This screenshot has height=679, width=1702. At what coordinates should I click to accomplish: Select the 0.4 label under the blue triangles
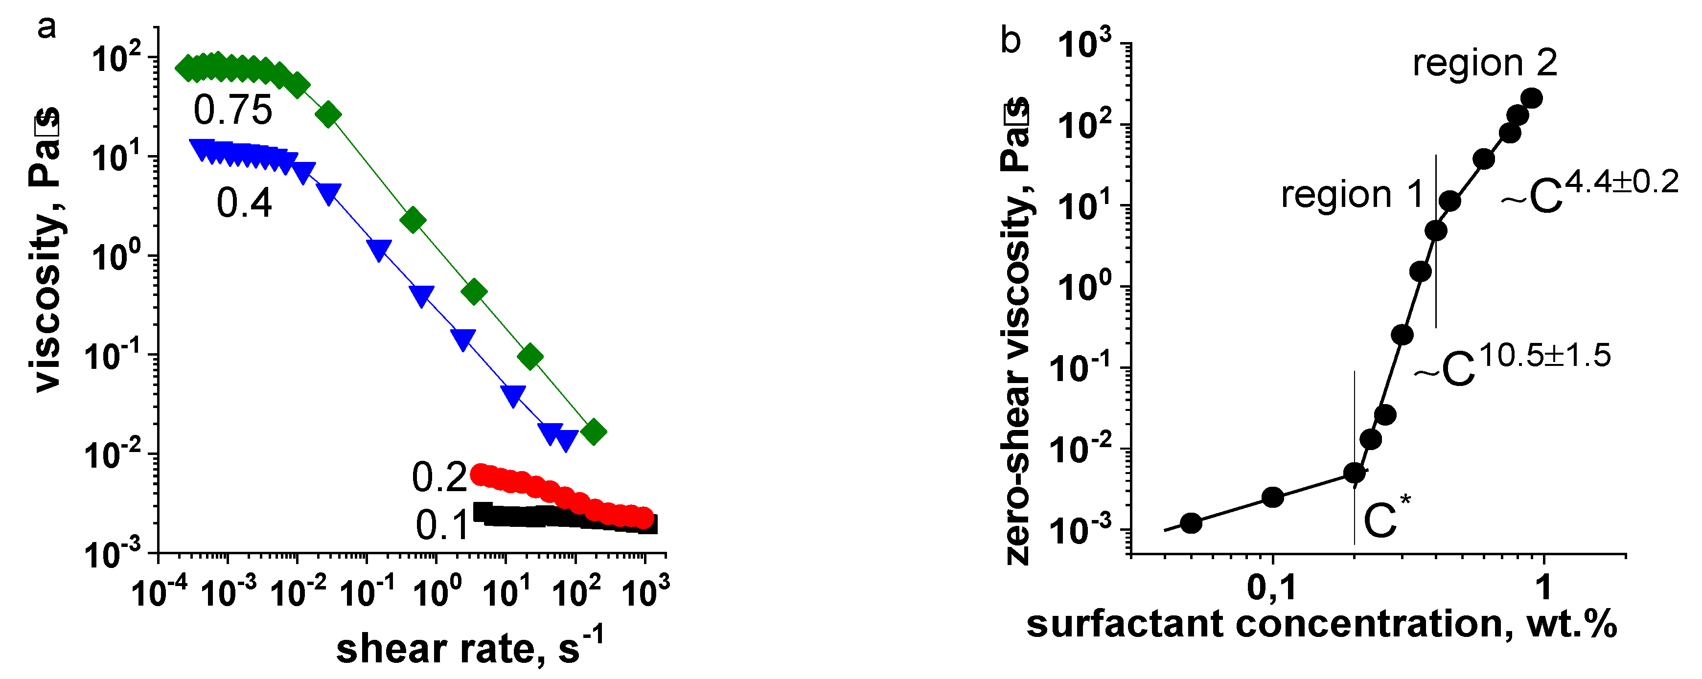244,203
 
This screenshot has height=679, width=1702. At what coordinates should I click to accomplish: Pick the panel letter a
47,28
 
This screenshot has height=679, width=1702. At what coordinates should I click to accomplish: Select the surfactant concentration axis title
1321,624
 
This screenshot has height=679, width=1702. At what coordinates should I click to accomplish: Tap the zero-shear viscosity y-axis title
1017,330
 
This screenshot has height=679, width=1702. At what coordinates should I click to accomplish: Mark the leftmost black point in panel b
1191,523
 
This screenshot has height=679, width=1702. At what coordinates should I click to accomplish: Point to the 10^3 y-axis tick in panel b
1085,46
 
